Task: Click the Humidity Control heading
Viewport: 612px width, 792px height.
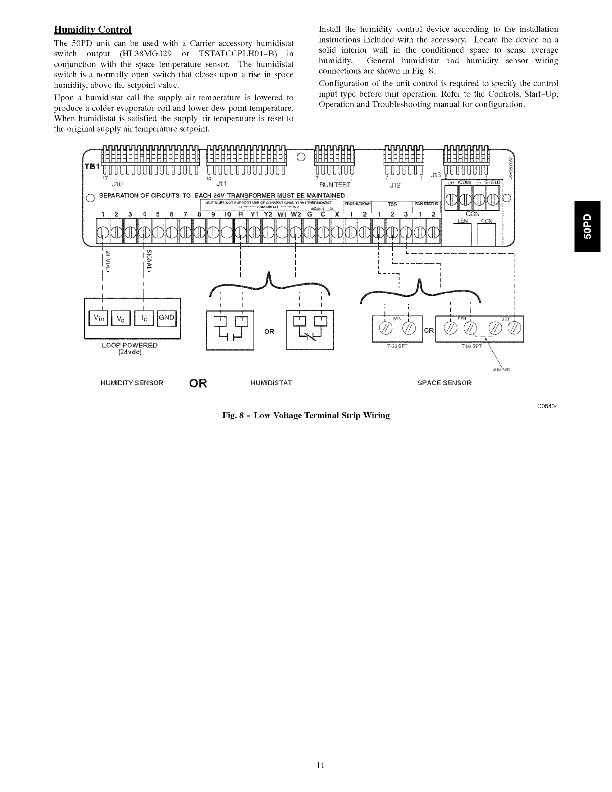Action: [x=92, y=29]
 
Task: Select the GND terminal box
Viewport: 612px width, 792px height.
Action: [x=167, y=317]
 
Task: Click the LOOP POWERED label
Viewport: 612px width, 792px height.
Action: [x=129, y=345]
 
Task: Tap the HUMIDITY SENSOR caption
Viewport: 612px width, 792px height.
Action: [x=132, y=383]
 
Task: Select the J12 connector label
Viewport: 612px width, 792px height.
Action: [x=395, y=184]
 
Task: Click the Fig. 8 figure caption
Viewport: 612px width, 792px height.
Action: [x=306, y=415]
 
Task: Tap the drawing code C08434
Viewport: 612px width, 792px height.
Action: [x=547, y=406]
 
